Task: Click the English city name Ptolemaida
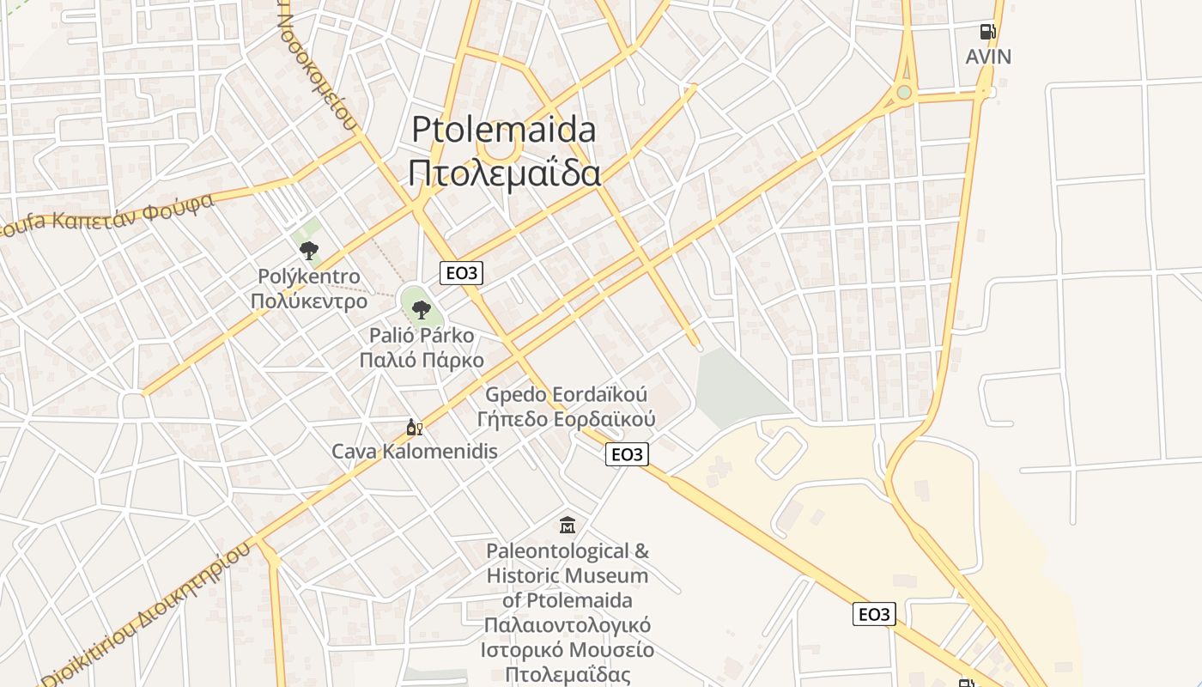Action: click(x=503, y=130)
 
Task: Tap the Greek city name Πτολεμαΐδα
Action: click(x=503, y=173)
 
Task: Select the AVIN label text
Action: click(x=988, y=57)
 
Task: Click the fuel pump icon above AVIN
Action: click(x=988, y=33)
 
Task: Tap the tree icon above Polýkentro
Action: click(x=308, y=251)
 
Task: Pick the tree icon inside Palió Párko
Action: click(x=421, y=309)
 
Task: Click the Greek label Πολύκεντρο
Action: click(x=309, y=301)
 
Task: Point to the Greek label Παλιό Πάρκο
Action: click(x=422, y=360)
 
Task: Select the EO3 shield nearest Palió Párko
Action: click(x=461, y=273)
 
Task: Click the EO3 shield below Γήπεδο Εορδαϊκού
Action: click(x=627, y=454)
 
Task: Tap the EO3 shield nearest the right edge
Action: click(x=874, y=614)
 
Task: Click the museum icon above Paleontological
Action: click(x=568, y=525)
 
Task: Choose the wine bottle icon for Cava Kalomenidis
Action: click(x=414, y=427)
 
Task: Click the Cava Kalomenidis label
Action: click(x=415, y=451)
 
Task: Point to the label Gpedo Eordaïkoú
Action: click(x=567, y=395)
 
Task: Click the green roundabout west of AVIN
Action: click(x=903, y=92)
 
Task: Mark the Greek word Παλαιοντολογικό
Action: click(x=568, y=624)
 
